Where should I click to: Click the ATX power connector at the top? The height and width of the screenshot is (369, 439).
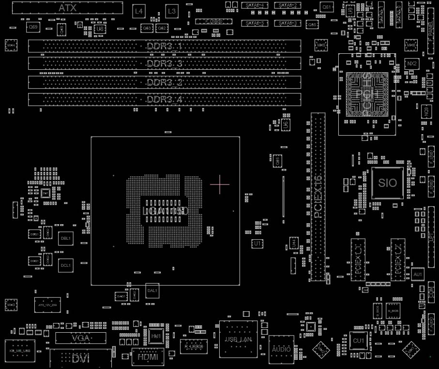coord(67,8)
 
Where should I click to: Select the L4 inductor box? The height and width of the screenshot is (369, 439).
coord(139,11)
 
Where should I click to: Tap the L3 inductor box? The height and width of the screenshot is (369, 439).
coord(171,11)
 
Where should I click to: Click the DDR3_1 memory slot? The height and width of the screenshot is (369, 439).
coord(164,46)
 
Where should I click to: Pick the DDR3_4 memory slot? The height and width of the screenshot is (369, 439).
coord(164,100)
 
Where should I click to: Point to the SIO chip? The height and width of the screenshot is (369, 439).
coord(388,183)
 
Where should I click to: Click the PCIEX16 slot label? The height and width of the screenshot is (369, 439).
coord(318,197)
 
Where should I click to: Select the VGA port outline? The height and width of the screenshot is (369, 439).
coord(81,338)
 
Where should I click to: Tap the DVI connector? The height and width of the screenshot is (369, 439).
coord(80,358)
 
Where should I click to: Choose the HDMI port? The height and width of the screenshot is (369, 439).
coord(148,357)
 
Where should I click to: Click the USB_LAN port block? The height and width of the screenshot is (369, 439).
coord(238,339)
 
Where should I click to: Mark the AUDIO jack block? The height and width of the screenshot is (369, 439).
coord(281,349)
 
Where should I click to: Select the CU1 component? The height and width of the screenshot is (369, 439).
coord(359,341)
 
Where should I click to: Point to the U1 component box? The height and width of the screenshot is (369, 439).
coord(257,243)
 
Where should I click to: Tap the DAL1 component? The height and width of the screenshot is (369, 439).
coord(152,291)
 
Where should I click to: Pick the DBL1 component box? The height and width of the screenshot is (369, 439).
coord(65,238)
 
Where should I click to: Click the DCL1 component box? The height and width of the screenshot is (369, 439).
coord(65,265)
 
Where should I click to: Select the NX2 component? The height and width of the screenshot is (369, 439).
coord(412,64)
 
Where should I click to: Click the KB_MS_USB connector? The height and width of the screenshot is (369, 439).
coord(20,351)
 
